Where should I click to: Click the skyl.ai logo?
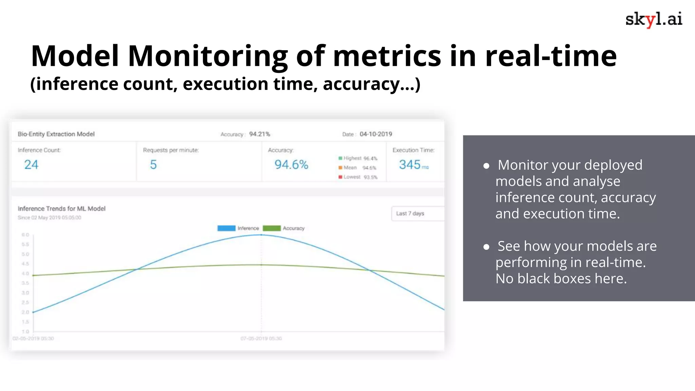[654, 19]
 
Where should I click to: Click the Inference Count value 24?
[31, 165]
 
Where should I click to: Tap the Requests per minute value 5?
[153, 165]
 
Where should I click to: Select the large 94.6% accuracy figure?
[291, 165]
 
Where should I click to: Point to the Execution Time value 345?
[410, 165]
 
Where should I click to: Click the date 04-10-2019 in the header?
[376, 134]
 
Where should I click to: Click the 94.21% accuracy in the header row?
[260, 134]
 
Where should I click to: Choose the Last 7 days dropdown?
[417, 213]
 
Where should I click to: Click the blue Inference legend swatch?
[226, 228]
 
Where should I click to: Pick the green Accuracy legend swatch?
[271, 228]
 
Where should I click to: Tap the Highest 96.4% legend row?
[358, 158]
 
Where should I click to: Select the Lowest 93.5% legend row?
[358, 177]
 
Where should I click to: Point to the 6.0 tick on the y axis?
[25, 235]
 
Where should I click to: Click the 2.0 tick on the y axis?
[25, 312]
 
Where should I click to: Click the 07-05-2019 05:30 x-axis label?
[261, 338]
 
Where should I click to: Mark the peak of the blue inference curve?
[261, 235]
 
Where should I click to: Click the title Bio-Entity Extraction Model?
[56, 134]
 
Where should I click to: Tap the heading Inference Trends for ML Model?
[61, 208]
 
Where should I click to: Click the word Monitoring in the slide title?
[208, 56]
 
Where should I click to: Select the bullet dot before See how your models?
[486, 247]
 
